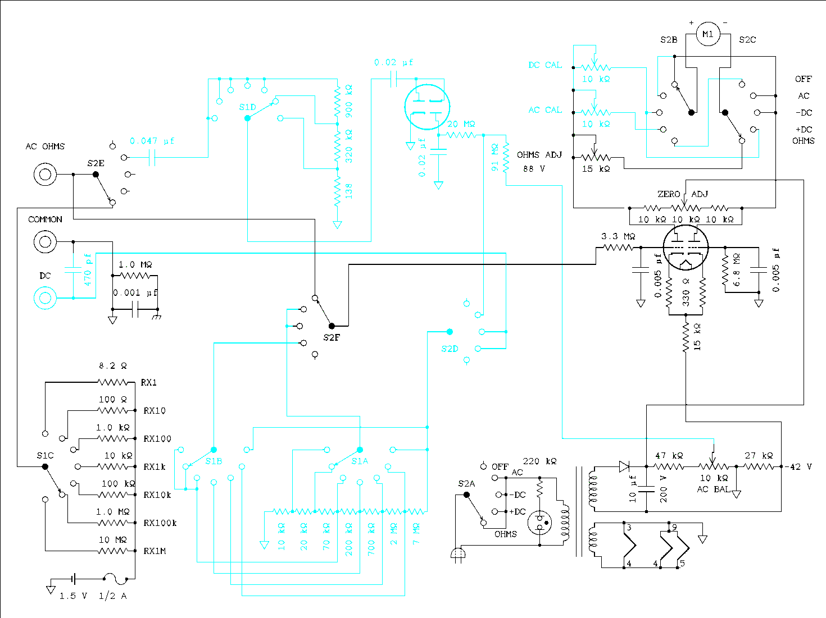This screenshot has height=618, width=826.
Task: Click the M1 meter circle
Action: (x=708, y=34)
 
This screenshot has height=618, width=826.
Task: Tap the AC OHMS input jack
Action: (x=45, y=175)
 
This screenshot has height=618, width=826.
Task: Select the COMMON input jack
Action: (x=45, y=242)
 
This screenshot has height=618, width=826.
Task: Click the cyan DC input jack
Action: (x=45, y=298)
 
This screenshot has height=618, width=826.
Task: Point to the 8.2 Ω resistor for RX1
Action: (x=113, y=382)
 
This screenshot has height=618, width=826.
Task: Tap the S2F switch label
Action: (x=332, y=338)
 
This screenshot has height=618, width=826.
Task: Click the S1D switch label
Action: (x=247, y=107)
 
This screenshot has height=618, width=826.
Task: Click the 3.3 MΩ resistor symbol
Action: (x=618, y=248)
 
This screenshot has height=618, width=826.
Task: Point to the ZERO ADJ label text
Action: (x=683, y=194)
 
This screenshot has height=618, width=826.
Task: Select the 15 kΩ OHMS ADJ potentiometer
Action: (x=596, y=158)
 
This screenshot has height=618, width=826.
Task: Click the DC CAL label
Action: (x=545, y=65)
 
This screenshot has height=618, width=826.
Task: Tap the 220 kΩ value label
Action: (x=539, y=461)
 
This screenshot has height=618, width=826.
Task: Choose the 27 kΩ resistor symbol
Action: (x=759, y=466)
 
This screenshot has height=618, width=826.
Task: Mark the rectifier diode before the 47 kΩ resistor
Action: (x=624, y=466)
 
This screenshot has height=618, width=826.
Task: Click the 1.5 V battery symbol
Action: (x=73, y=579)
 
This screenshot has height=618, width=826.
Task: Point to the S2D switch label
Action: (x=450, y=349)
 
